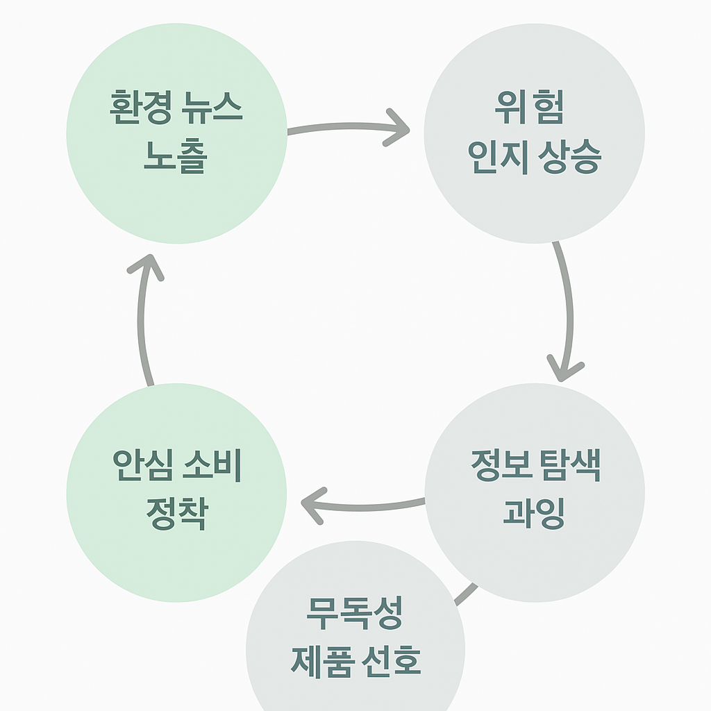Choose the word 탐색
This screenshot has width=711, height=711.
click(x=569, y=465)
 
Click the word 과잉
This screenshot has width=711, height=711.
click(x=533, y=513)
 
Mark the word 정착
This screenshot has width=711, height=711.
click(x=176, y=513)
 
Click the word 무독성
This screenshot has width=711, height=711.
click(x=355, y=612)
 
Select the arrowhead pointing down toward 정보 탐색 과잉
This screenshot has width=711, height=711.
click(x=564, y=367)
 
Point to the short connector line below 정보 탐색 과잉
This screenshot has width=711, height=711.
click(x=467, y=594)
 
